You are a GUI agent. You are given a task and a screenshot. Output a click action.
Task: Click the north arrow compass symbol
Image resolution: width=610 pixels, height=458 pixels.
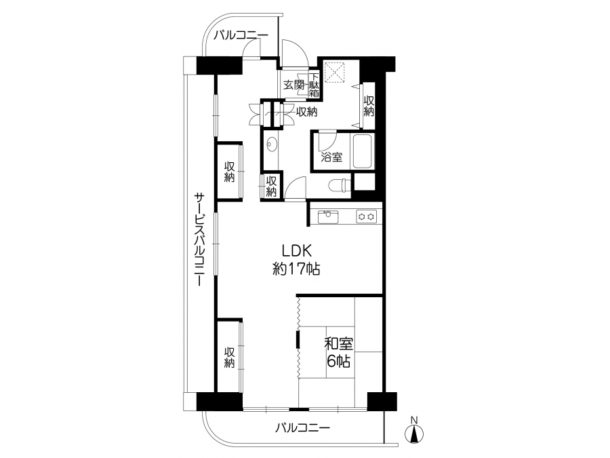pos(414,434)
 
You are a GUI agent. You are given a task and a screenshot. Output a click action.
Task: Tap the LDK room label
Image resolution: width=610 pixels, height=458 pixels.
pos(297,251)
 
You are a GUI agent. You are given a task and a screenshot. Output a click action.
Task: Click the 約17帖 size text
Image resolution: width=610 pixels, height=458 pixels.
pos(296,269)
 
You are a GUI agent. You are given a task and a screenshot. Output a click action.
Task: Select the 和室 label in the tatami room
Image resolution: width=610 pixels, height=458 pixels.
pos(339,344)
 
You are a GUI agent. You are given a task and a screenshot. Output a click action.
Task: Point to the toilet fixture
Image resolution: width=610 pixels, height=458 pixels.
pos(338,185)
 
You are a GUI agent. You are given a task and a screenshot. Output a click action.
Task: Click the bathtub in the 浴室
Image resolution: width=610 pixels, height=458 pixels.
pos(363,151)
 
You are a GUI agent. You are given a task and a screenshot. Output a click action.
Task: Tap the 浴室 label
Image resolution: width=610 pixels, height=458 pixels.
pos(332,157)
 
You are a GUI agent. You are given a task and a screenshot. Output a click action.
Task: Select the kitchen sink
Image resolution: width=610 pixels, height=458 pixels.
pos(328,217)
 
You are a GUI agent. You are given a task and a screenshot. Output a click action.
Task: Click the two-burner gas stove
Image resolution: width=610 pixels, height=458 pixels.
pos(367,217)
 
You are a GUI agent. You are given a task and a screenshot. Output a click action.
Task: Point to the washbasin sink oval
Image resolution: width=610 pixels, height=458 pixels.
pos(272,145)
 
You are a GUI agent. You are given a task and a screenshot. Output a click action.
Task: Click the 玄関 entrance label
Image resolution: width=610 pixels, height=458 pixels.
pos(294,85)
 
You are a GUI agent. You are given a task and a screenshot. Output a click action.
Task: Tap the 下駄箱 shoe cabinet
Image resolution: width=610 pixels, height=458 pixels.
pos(314,85)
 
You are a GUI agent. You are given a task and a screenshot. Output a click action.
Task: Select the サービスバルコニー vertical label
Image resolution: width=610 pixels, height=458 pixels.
pos(199,239)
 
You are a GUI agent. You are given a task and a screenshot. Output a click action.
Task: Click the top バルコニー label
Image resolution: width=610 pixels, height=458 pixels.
pos(241,35)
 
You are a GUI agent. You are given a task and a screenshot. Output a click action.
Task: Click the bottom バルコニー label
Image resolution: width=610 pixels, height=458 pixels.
pos(303,428)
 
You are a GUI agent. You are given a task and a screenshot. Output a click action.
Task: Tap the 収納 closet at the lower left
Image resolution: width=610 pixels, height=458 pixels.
pos(230,357)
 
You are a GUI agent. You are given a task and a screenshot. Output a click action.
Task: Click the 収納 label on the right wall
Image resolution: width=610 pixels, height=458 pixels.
pos(369,106)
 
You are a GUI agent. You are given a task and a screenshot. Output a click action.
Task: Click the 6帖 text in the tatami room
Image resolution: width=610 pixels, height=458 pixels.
pos(338,362)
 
